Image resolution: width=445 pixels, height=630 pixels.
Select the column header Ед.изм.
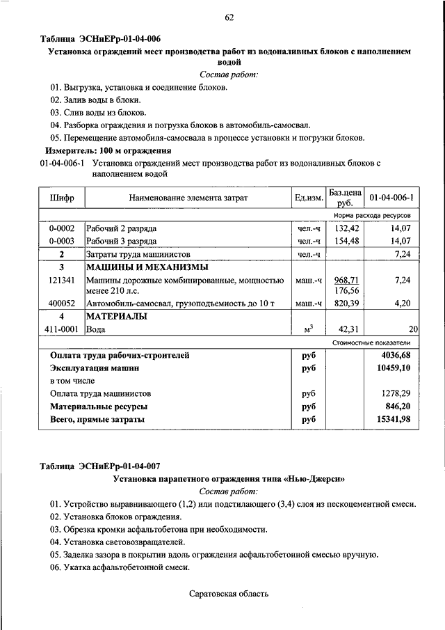click(x=309, y=198)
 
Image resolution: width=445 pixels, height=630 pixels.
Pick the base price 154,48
click(x=345, y=241)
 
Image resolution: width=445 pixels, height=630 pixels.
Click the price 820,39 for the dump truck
click(x=345, y=304)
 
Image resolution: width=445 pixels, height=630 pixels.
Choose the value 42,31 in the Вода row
click(x=345, y=330)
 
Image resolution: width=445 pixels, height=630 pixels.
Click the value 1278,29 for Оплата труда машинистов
click(x=394, y=393)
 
